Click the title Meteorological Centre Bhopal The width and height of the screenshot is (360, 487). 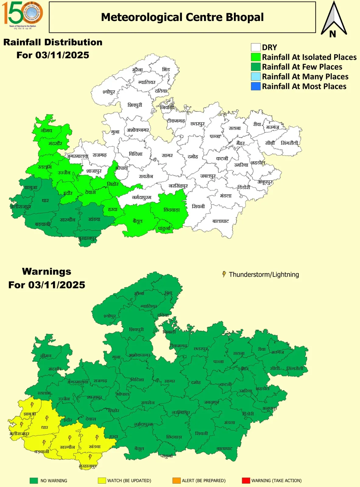182,17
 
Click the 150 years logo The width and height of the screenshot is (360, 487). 22,14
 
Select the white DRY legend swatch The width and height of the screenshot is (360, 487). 256,47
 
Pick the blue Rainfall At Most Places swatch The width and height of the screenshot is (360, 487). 256,86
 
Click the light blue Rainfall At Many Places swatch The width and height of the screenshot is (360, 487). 256,77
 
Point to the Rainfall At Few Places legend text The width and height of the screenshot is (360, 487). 302,67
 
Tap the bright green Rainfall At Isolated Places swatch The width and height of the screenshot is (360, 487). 256,57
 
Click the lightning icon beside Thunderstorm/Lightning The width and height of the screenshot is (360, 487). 224,274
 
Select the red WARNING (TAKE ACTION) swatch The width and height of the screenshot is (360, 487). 246,481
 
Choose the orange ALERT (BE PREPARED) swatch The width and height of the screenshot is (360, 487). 176,481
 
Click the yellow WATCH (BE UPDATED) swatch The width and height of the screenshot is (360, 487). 102,481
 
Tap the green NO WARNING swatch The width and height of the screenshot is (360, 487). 34,481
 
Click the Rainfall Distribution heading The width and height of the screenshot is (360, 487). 53,42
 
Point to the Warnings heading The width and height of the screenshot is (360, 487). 47,272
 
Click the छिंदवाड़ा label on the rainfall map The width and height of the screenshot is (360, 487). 171,210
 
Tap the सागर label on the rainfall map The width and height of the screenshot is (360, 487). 167,155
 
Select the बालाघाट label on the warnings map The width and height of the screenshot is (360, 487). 224,448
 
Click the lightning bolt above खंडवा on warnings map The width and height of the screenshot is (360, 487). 97,438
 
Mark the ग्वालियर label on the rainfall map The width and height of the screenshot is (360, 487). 146,82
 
